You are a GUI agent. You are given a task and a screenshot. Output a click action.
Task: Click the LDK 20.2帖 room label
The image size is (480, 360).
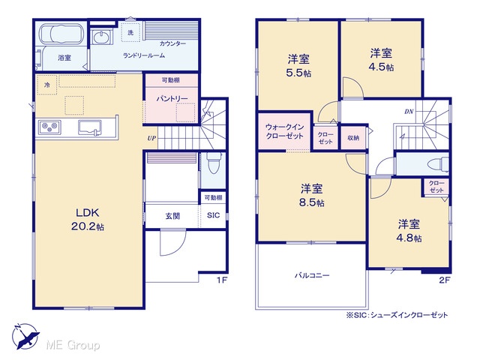click(88, 219)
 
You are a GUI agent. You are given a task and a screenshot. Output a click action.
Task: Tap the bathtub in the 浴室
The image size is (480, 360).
click(64, 34)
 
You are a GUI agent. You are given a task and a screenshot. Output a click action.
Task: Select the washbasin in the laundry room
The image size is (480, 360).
click(101, 38)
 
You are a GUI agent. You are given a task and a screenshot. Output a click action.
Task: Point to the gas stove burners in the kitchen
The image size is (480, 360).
click(49, 127)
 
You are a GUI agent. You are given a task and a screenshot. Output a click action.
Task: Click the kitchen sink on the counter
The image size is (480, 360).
click(89, 127)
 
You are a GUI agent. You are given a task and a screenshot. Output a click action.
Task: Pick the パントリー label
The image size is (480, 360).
click(172, 98)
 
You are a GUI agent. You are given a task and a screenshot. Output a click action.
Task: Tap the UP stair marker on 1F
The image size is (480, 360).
click(151, 138)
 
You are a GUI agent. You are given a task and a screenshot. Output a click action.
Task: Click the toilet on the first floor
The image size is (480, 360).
click(212, 163)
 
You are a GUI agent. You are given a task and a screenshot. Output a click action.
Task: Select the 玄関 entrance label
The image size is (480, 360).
click(172, 216)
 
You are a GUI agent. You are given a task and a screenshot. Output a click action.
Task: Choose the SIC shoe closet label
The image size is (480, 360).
click(213, 215)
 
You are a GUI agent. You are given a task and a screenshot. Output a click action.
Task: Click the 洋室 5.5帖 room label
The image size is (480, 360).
click(298, 66)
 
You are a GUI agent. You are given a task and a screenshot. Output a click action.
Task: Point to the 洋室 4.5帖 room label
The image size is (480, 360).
click(381, 60)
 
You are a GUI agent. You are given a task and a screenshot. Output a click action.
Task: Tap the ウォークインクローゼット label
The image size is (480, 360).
click(285, 132)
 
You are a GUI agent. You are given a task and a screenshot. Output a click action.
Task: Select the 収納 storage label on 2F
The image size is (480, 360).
click(353, 138)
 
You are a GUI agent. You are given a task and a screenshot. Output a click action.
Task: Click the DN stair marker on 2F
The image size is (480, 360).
click(409, 112)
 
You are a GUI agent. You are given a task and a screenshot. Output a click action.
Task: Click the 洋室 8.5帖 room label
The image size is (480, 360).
click(312, 195)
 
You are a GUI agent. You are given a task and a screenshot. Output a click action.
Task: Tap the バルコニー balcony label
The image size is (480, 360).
click(312, 275)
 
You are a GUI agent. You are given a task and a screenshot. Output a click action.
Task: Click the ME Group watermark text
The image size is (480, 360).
click(73, 345)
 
